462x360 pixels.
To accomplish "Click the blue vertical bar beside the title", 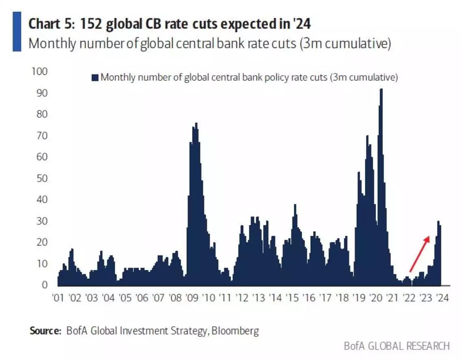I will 17,31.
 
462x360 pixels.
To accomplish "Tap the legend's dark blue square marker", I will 95,78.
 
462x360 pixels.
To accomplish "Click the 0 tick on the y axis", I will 45,285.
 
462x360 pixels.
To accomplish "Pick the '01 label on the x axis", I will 58,298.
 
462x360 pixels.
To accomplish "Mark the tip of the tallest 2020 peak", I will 381,90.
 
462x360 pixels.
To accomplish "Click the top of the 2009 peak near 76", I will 196,124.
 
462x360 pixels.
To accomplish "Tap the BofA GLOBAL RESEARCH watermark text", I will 397,346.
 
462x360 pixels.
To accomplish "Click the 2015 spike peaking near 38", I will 295,206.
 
